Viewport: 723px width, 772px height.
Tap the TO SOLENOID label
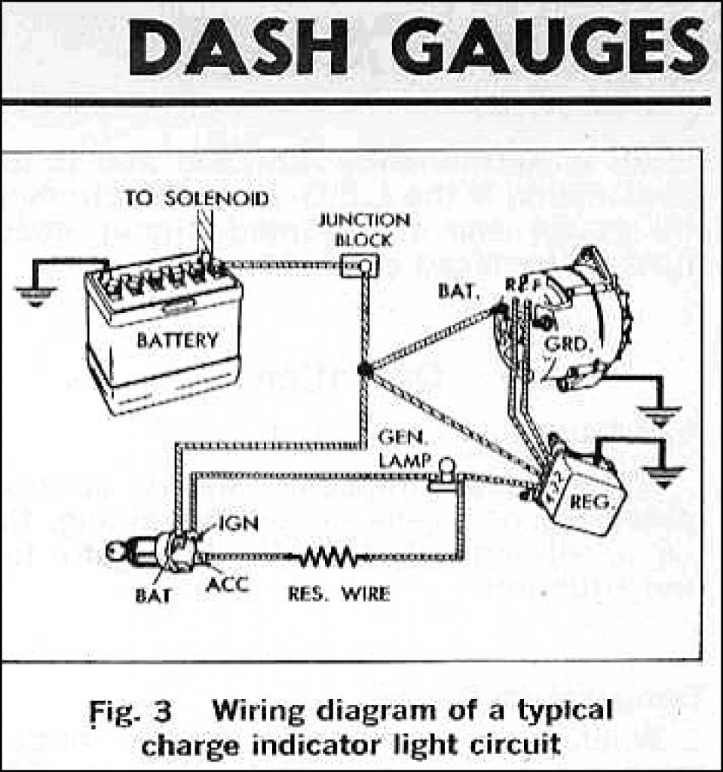click(x=196, y=198)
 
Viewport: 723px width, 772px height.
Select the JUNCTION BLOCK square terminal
click(x=360, y=265)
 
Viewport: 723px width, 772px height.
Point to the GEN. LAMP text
click(x=404, y=449)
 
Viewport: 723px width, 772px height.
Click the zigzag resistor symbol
click(x=329, y=558)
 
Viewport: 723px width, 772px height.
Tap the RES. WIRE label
click(x=339, y=594)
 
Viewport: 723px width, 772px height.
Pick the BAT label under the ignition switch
click(x=152, y=596)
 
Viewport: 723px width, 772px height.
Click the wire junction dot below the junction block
click(x=364, y=369)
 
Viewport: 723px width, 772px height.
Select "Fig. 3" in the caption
click(x=130, y=711)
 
